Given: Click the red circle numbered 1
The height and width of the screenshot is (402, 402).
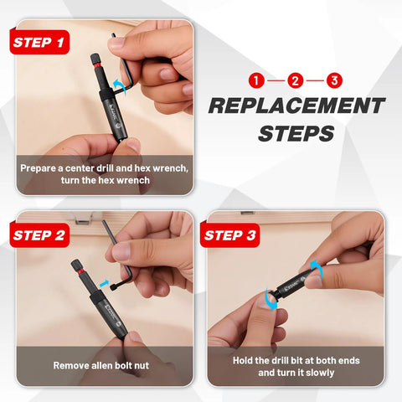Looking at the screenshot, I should tap(256, 81).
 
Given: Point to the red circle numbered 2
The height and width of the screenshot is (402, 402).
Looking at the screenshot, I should tap(295, 81).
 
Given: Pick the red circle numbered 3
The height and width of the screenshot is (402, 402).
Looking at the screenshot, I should tap(334, 81).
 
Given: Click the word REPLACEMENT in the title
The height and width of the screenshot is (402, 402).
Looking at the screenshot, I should tap(296, 106).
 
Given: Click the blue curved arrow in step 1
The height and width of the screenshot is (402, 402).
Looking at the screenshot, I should tap(123, 84).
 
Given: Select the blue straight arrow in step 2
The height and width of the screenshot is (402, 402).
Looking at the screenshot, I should tap(105, 284).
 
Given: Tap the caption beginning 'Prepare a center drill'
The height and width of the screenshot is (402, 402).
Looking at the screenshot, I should tap(104, 173).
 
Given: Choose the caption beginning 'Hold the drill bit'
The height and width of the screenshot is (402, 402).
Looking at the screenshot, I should tap(296, 365).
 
